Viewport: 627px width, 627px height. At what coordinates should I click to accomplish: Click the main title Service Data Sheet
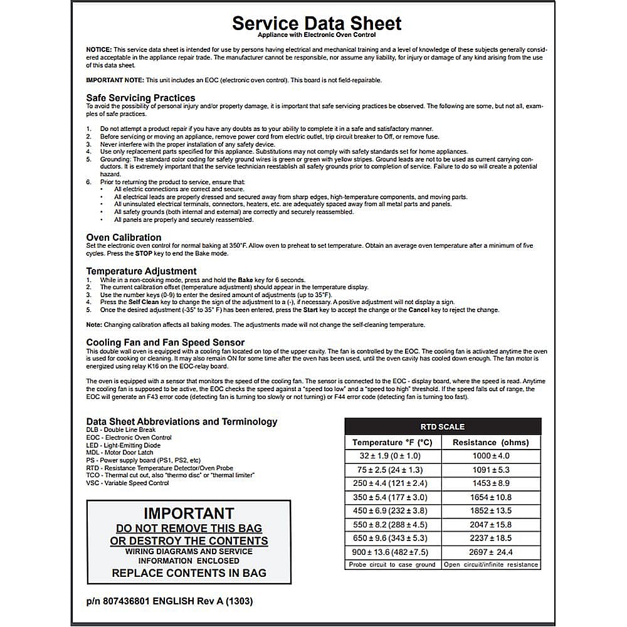(x=317, y=23)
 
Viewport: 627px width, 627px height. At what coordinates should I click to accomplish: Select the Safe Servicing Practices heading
(x=140, y=98)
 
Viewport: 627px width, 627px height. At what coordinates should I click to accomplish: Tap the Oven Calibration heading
(x=124, y=237)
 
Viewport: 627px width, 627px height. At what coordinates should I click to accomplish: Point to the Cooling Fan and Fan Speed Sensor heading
(x=166, y=342)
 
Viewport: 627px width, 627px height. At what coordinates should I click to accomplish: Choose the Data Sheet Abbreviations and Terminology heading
(x=182, y=421)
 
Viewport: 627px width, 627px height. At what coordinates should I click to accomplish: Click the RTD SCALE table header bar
(x=442, y=426)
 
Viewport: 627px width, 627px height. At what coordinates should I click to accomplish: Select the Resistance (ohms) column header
(x=490, y=442)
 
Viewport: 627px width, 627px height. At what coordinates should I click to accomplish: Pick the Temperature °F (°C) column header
(x=393, y=442)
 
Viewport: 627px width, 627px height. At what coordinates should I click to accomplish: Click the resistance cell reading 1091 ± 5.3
(x=490, y=470)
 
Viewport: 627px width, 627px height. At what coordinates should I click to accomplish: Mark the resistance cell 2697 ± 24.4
(x=490, y=552)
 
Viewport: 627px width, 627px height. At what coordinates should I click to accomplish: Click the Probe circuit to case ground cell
(x=393, y=564)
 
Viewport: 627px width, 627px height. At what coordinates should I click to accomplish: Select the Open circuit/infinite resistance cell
(x=490, y=564)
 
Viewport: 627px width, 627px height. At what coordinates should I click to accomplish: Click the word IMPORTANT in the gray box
(x=189, y=514)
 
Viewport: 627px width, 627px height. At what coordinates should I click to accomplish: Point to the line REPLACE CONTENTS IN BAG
(x=189, y=572)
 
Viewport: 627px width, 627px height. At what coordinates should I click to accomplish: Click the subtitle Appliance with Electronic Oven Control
(x=317, y=36)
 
